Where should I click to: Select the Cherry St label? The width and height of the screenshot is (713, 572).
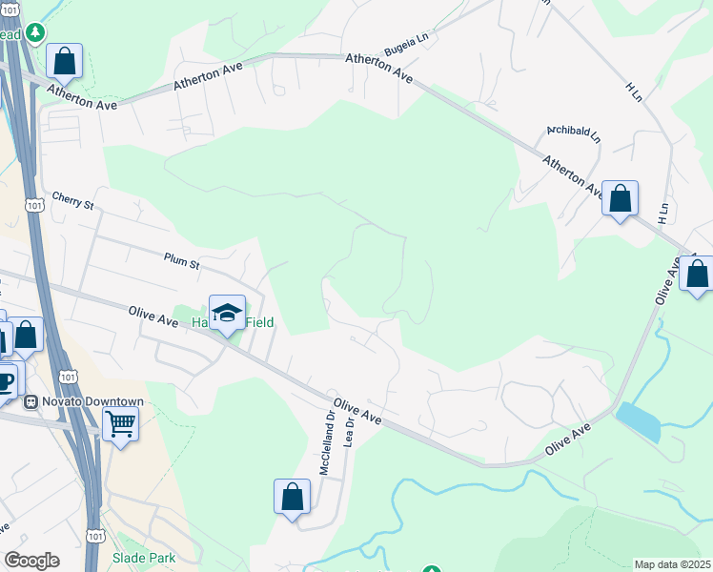(74, 200)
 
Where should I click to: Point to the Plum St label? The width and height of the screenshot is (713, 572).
(181, 259)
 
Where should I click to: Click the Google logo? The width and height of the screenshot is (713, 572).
(31, 561)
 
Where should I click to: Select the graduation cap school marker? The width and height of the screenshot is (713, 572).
(227, 312)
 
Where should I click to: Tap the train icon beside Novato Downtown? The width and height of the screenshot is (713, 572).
(31, 401)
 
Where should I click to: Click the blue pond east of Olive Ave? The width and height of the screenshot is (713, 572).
(639, 421)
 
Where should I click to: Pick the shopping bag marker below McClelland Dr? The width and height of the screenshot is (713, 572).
(292, 497)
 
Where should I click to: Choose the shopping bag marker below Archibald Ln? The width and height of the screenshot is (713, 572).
(620, 199)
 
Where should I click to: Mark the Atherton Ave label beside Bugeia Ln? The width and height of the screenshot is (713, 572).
(379, 68)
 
